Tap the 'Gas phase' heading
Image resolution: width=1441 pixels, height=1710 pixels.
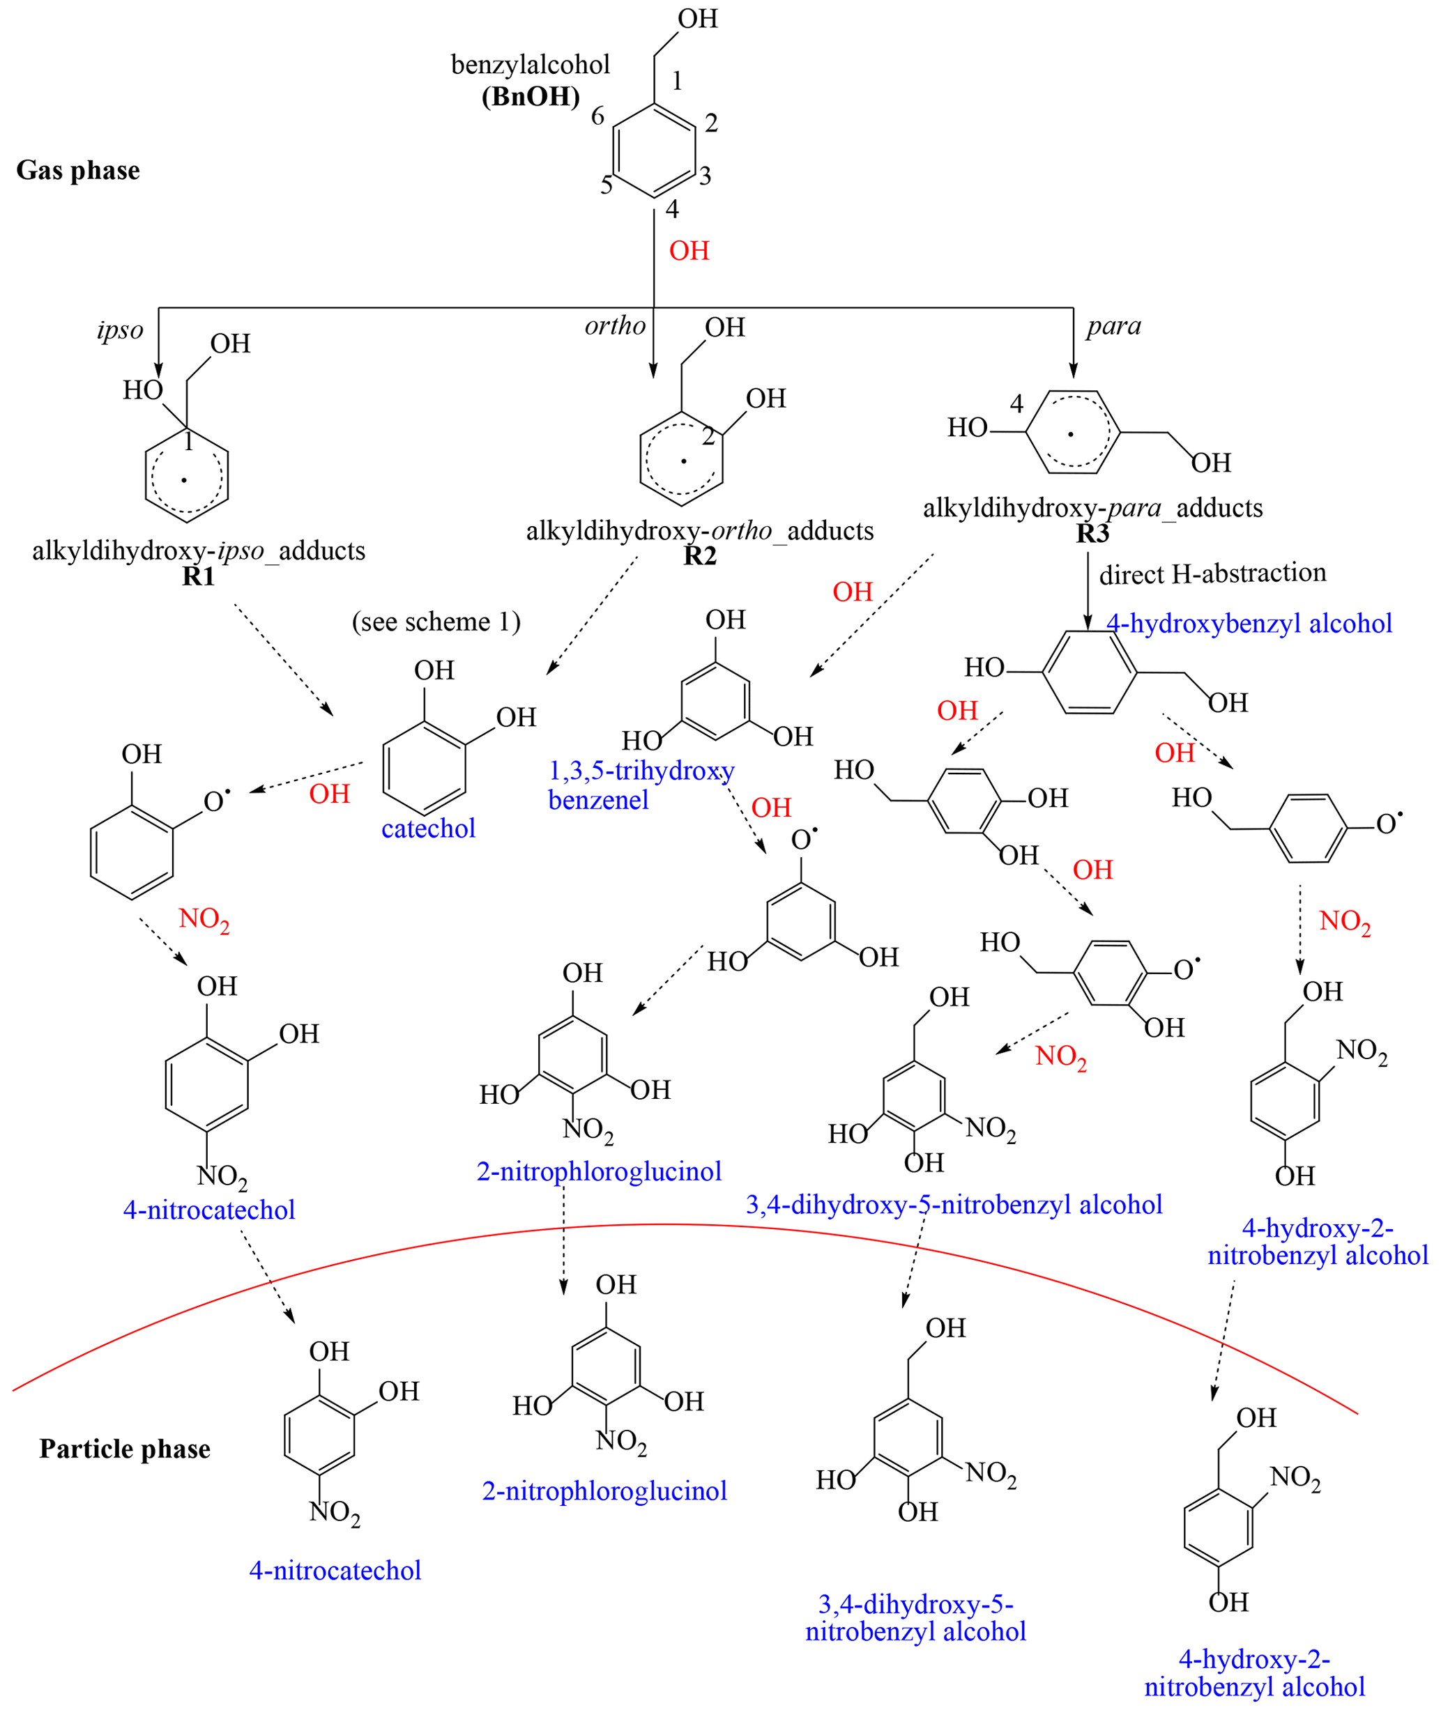77,170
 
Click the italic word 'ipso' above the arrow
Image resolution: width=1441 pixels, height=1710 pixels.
119,330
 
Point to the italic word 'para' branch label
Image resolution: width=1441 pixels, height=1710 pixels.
1113,326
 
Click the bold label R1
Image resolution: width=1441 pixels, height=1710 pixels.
198,576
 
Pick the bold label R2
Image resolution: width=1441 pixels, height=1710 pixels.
699,555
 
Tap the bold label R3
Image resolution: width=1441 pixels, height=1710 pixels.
1092,533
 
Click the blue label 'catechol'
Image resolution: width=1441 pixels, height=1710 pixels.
428,828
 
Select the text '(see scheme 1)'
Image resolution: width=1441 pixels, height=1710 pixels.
436,622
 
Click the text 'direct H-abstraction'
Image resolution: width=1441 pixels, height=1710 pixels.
1212,573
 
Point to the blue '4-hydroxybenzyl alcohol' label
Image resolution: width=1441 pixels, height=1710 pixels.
1249,623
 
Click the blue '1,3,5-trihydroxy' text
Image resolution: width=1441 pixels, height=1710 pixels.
641,770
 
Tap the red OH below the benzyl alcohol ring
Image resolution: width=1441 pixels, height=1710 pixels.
689,251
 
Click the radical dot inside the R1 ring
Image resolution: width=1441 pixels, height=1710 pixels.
184,480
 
